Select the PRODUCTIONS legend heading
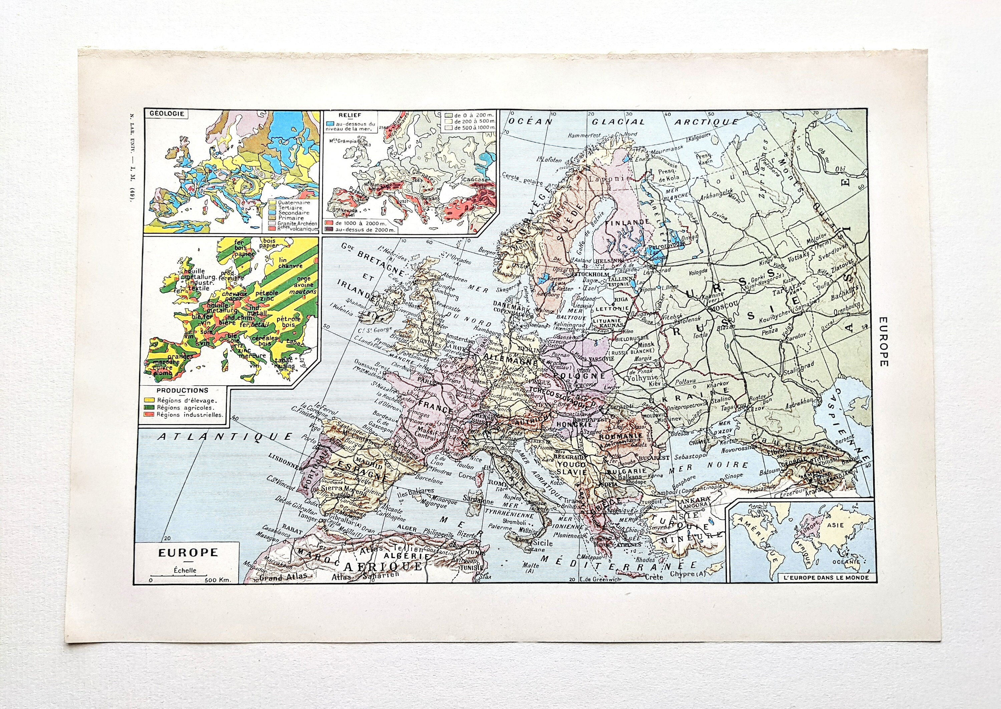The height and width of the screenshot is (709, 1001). (183, 391)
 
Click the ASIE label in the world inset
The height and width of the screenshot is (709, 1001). (836, 525)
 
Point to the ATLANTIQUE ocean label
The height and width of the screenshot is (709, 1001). (225, 436)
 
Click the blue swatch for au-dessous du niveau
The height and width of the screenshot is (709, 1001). (330, 125)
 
